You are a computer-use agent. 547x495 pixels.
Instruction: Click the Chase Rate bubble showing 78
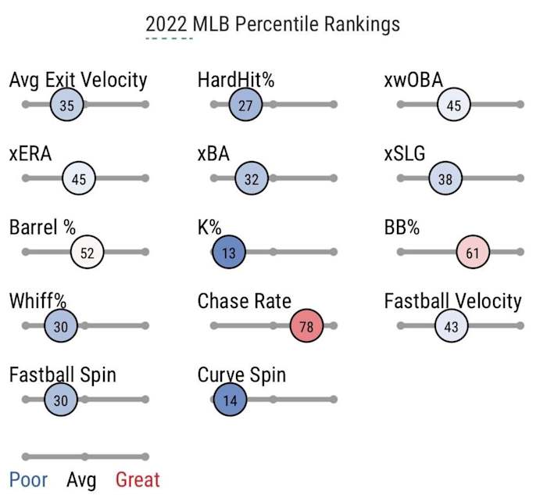[306, 327]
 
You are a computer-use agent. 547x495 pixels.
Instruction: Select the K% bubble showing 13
[229, 253]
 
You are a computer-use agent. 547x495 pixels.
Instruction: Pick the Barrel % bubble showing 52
[88, 253]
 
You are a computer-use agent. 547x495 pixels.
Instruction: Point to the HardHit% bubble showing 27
[245, 105]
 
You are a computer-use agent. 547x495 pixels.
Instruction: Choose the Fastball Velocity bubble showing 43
[451, 327]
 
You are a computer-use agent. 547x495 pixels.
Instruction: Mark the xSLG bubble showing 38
[445, 179]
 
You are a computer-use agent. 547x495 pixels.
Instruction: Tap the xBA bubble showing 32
[252, 179]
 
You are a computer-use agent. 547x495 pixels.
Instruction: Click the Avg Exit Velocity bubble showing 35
[66, 105]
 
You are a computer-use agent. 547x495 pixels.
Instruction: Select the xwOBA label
[414, 81]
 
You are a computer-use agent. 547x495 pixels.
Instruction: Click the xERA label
[30, 154]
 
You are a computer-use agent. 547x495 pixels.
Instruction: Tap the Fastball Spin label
[63, 375]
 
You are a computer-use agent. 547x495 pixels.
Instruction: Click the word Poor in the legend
[28, 480]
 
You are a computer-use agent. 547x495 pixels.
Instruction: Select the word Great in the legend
[138, 480]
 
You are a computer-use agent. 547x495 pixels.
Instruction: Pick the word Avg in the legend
[82, 480]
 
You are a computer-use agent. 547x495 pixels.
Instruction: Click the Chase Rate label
[244, 302]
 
